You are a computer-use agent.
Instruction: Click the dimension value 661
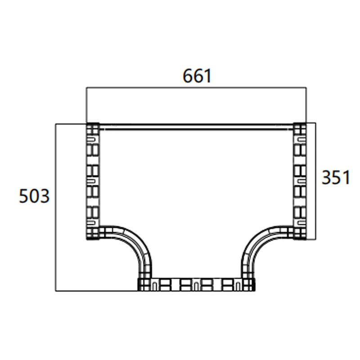pos(197,76)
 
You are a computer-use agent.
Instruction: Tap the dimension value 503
pos(34,196)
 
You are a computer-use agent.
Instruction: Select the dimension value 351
pos(335,178)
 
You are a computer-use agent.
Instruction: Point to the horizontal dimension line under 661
pos(196,88)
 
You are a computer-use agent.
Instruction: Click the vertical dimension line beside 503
pos(56,207)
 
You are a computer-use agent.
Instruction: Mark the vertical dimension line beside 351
pos(316,180)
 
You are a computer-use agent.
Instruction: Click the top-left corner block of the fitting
pos(92,129)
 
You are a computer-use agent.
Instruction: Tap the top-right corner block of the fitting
pos(300,129)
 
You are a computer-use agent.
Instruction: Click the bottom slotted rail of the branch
pos(196,284)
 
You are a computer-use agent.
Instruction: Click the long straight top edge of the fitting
pos(196,126)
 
